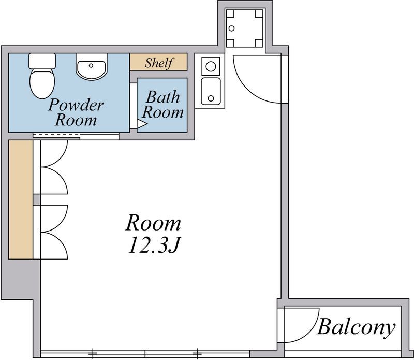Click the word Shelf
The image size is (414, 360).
tap(159, 63)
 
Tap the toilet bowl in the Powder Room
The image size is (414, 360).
tap(42, 83)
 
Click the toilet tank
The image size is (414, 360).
tap(42, 61)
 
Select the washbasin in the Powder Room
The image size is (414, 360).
tap(92, 66)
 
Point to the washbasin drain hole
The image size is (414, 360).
tap(91, 65)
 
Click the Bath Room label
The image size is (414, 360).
tap(162, 105)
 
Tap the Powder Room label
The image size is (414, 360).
tap(76, 112)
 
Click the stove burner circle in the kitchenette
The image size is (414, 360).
tap(211, 66)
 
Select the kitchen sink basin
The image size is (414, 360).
tap(211, 91)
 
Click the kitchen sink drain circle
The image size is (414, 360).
tap(211, 98)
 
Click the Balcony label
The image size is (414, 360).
tap(356, 327)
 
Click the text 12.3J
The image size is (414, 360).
tap(154, 245)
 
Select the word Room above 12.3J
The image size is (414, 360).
tap(153, 223)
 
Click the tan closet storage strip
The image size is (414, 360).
tap(21, 199)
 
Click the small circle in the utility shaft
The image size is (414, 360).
tap(231, 28)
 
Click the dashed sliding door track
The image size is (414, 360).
tap(56, 135)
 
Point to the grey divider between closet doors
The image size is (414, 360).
tap(37, 199)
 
